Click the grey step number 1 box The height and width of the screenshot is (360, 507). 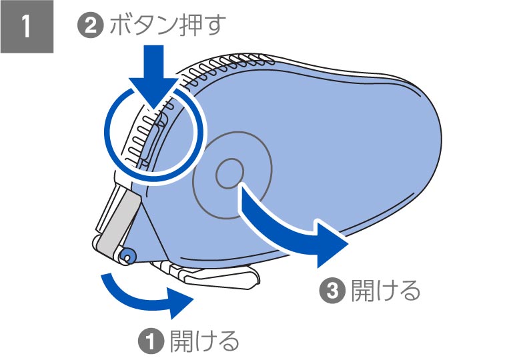27,27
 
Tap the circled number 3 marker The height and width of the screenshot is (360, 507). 331,291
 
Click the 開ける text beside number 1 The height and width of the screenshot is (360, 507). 204,341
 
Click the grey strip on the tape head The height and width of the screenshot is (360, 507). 117,220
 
